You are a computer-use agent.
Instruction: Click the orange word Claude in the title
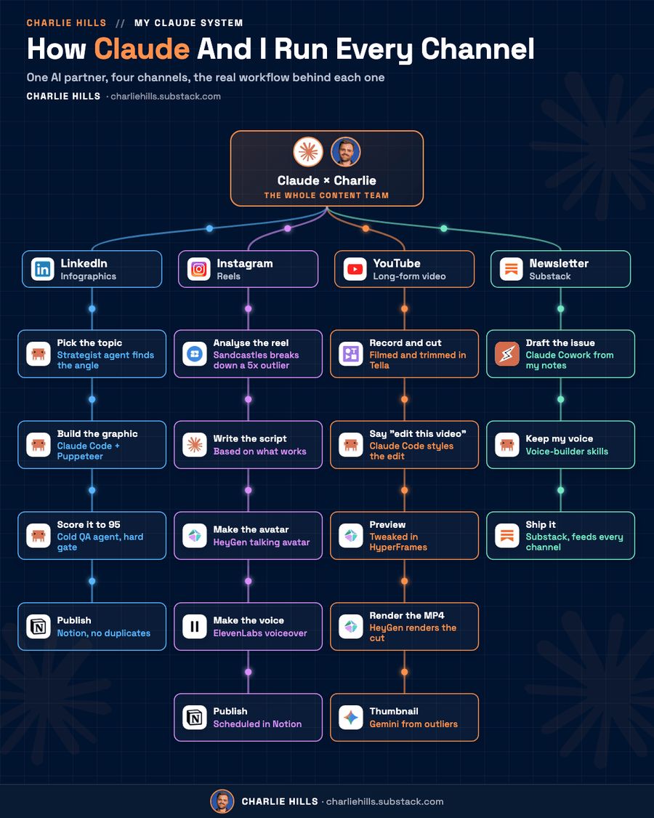point(142,49)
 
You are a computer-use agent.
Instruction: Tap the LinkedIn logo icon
point(42,269)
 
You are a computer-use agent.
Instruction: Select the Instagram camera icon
point(198,269)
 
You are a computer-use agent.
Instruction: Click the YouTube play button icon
point(355,269)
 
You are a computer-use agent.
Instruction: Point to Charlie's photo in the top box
point(346,152)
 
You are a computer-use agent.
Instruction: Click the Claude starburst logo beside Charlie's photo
point(308,152)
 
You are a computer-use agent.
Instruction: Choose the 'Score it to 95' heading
point(89,525)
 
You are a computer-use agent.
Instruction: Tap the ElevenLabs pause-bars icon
point(195,627)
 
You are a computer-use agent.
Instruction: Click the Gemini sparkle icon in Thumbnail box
point(351,718)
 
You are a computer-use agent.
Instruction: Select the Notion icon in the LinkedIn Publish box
point(38,627)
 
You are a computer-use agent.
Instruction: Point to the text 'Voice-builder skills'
point(567,452)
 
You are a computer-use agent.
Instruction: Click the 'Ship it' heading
point(541,525)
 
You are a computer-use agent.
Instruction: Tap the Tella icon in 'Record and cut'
point(351,353)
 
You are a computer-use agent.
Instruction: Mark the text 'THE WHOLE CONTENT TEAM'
point(326,196)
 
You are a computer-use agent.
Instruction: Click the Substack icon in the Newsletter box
point(511,269)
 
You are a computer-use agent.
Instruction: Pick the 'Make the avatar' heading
point(251,529)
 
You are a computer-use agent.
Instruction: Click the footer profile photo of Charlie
point(222,801)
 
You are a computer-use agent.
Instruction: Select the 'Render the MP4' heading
point(407,616)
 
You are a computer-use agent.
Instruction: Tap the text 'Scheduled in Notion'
point(257,724)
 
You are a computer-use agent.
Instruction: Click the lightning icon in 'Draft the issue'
point(507,353)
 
